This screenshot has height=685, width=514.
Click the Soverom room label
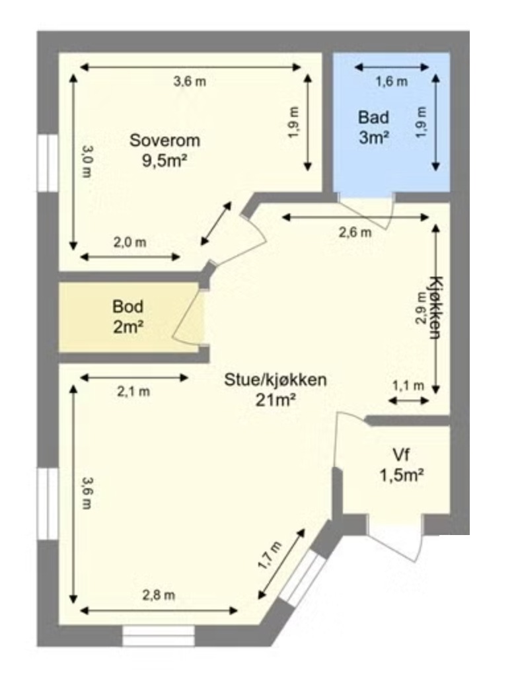pos(165,141)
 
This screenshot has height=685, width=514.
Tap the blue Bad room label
pos(374,118)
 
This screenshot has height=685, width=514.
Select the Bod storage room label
pos(128,306)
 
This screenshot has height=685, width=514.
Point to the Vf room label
pos(401,455)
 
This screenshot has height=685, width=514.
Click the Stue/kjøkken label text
pos(275,380)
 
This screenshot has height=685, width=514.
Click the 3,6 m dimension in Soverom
pos(190,81)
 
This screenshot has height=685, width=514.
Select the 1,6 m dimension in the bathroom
pos(392,81)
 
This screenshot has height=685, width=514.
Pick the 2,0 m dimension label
pos(129,242)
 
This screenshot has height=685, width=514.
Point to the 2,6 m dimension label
pos(355,233)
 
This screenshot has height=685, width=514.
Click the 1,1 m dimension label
pos(408,386)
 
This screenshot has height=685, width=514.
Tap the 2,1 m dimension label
pos(133,392)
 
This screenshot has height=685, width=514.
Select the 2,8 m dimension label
pos(159,595)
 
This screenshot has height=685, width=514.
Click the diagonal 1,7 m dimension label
pos(270,556)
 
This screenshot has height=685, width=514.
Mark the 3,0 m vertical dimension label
pos(87,162)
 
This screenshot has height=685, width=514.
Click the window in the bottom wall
pos(158,635)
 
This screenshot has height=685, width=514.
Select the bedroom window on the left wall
pos(48,163)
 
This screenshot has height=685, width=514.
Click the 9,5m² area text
pos(165,161)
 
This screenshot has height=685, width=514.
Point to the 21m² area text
pos(275,400)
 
